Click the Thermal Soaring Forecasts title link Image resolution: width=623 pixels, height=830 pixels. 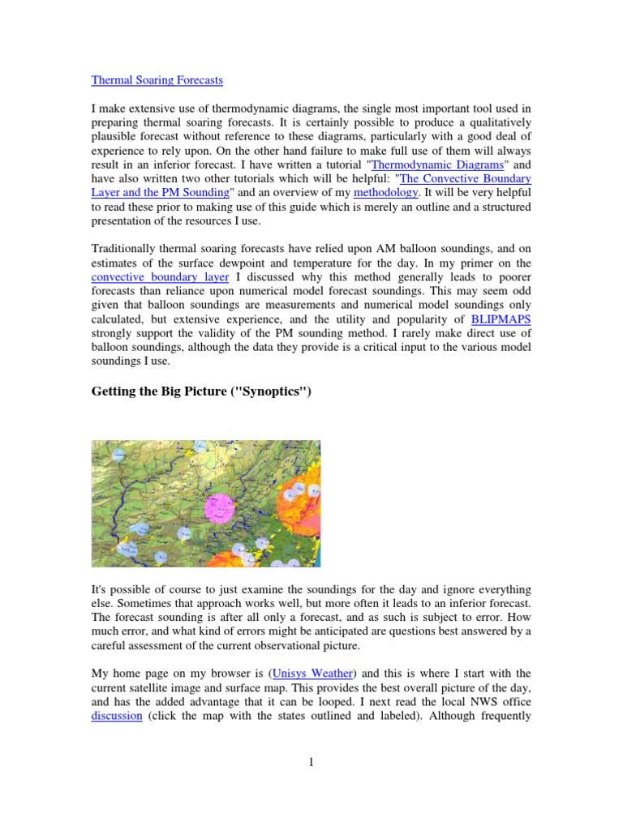[157, 80]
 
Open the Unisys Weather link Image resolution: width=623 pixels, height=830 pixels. [316, 673]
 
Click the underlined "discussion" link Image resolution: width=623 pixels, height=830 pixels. [117, 717]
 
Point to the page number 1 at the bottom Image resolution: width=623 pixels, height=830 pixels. [311, 761]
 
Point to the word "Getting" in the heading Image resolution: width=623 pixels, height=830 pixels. [113, 392]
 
